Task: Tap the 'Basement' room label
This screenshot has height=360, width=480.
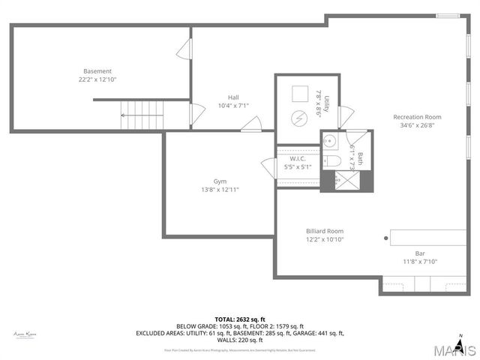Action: pos(97,71)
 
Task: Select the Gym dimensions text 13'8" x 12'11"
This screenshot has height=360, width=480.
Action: pos(220,190)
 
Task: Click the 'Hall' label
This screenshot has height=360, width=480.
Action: pos(234,97)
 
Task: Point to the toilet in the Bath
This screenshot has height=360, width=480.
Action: pos(334,160)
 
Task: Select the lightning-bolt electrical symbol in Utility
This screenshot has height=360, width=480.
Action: pos(299,118)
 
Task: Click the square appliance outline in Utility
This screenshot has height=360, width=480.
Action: pos(299,93)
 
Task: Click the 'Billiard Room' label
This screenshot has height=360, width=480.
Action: pos(324,231)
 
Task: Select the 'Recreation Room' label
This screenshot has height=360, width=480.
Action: pos(418,117)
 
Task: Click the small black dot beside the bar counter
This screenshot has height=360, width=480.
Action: pos(387,239)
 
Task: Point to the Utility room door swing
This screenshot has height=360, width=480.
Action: pos(345,116)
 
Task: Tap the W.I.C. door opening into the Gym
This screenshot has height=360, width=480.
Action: pos(268,167)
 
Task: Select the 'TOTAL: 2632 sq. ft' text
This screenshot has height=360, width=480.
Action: pos(239,319)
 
